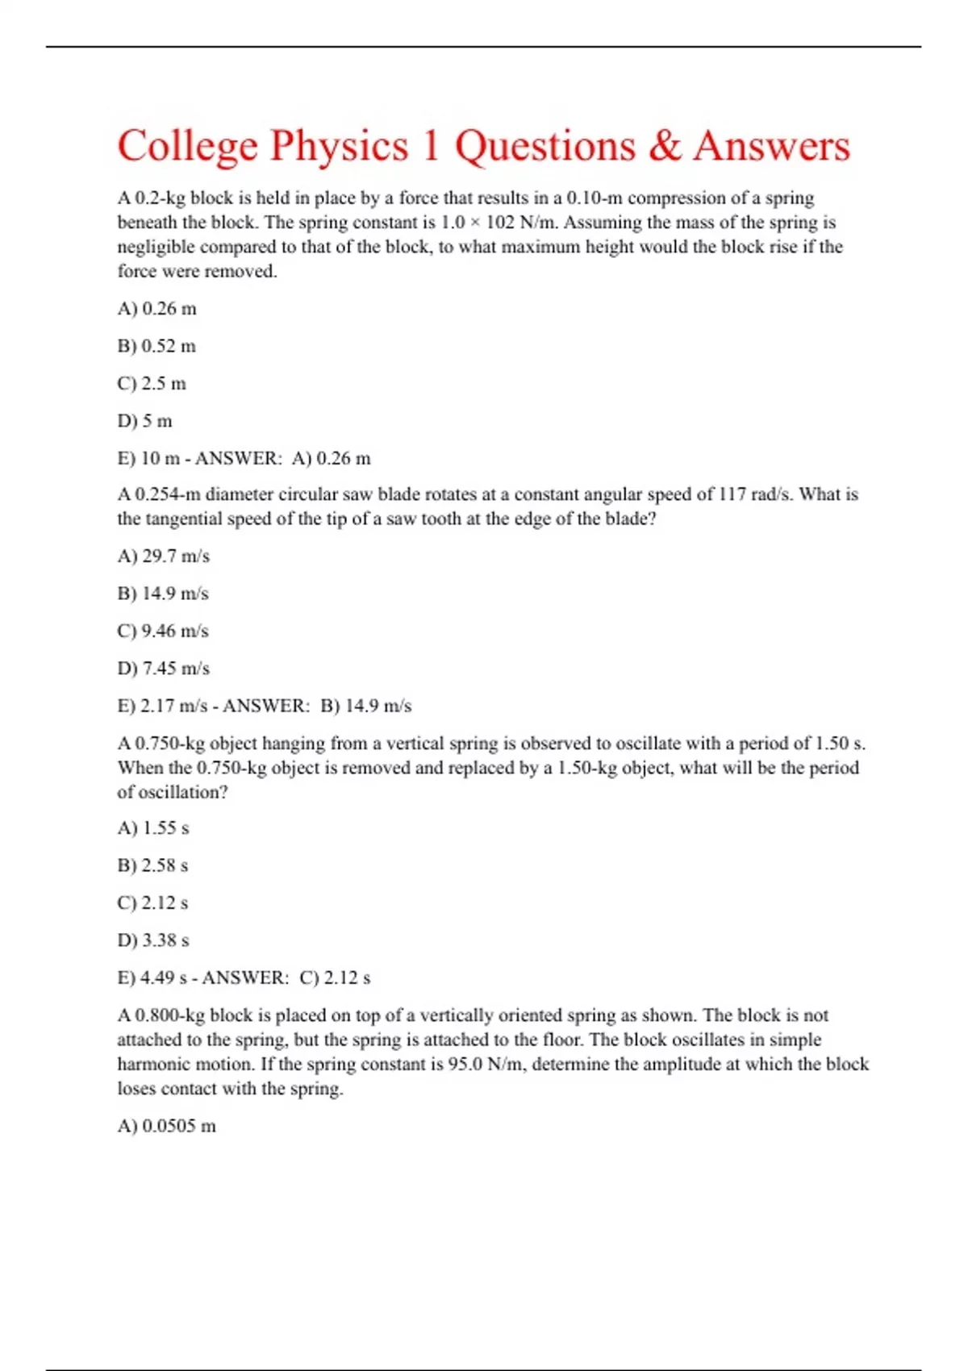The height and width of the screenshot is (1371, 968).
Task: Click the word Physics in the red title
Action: tap(339, 147)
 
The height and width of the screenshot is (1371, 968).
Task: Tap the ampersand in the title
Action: tap(664, 147)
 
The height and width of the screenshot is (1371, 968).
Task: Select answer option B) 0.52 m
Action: tap(156, 346)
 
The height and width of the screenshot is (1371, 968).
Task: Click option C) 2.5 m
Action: tap(152, 383)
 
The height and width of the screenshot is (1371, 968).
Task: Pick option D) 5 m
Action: tap(145, 421)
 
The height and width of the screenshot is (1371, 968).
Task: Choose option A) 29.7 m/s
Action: tap(163, 556)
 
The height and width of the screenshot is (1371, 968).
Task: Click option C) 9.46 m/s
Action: tap(163, 631)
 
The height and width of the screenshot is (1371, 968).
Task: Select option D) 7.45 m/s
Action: tap(163, 669)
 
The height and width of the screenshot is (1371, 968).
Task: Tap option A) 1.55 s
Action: tap(153, 828)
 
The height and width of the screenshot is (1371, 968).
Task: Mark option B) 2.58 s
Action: tap(152, 865)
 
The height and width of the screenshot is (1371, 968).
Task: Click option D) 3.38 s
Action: tap(153, 940)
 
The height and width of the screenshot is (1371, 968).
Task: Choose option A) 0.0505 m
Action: tap(166, 1126)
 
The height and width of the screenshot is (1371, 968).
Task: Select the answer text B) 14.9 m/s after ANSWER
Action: tap(366, 706)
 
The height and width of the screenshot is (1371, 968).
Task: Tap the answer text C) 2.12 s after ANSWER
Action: tap(335, 978)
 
